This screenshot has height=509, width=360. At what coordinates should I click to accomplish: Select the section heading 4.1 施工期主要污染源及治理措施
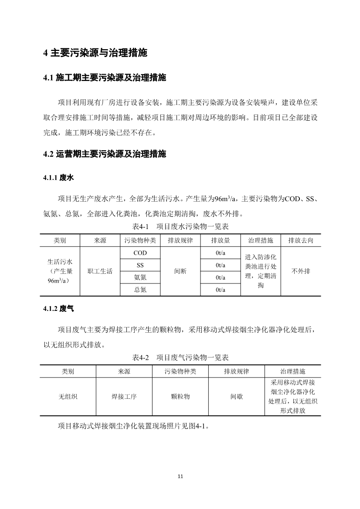click(x=105, y=78)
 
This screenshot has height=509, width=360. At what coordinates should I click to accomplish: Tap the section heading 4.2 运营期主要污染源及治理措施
click(x=105, y=154)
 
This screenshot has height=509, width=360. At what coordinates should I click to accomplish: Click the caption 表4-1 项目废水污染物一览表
click(x=180, y=227)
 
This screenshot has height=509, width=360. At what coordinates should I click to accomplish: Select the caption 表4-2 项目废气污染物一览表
click(x=180, y=358)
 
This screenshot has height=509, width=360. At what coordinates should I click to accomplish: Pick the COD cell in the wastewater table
click(x=140, y=253)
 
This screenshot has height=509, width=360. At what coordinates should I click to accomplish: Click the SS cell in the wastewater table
click(x=140, y=265)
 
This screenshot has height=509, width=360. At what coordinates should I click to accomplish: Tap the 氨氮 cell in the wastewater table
click(x=140, y=277)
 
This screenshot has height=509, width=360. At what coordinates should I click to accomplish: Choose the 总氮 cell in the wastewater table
click(x=140, y=290)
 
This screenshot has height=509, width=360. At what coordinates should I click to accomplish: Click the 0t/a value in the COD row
click(x=221, y=253)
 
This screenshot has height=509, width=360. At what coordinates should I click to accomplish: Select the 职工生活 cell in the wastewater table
click(x=100, y=271)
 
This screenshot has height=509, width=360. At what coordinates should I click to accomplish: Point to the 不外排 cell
click(x=301, y=271)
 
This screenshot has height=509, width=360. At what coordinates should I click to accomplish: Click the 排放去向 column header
click(x=301, y=240)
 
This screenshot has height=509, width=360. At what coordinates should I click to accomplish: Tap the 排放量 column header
click(x=221, y=240)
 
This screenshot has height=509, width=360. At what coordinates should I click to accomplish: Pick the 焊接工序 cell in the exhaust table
click(x=124, y=397)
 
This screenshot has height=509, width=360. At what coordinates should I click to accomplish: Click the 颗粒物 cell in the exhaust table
click(x=180, y=397)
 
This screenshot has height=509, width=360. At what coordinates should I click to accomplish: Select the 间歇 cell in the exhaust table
click(x=237, y=397)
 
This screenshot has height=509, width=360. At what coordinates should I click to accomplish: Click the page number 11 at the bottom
click(x=180, y=477)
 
